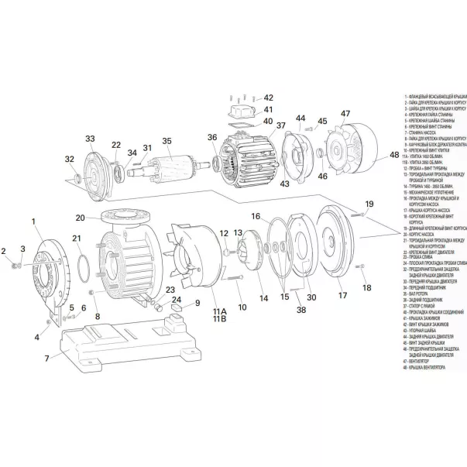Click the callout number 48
click(393, 154)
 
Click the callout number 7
click(46, 358)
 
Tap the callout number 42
click(268, 98)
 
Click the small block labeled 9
click(175, 307)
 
